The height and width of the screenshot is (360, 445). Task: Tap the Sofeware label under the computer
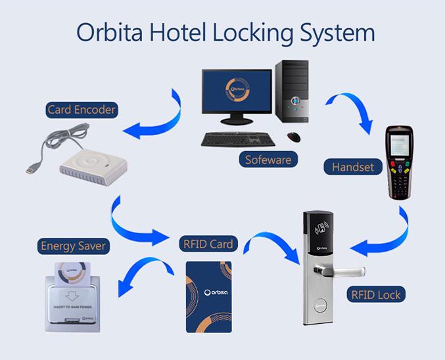268,159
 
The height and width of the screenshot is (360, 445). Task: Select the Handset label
352,167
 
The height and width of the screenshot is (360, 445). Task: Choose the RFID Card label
207,244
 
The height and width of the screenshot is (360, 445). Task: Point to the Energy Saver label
73,246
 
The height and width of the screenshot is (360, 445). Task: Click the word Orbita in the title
111,33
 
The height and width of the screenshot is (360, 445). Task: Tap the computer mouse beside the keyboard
294,136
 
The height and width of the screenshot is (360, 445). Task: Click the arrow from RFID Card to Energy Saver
141,273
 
